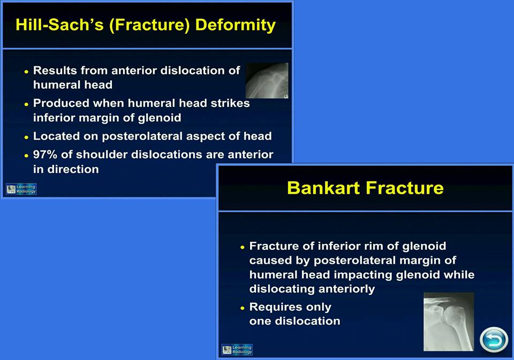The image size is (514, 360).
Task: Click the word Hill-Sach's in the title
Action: click(59, 25)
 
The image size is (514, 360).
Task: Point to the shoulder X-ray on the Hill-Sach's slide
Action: click(267, 81)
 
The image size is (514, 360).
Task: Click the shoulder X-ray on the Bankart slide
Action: click(449, 321)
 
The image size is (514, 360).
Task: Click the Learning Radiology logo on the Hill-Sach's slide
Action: click(21, 189)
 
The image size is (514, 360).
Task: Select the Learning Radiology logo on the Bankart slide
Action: click(237, 349)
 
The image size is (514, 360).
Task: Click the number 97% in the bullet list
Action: click(45, 155)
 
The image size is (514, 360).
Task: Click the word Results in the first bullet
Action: click(55, 71)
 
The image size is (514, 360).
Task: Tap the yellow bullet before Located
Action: click(27, 137)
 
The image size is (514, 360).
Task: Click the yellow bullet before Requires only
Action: click(243, 308)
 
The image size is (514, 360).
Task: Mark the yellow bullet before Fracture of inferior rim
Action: click(243, 247)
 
